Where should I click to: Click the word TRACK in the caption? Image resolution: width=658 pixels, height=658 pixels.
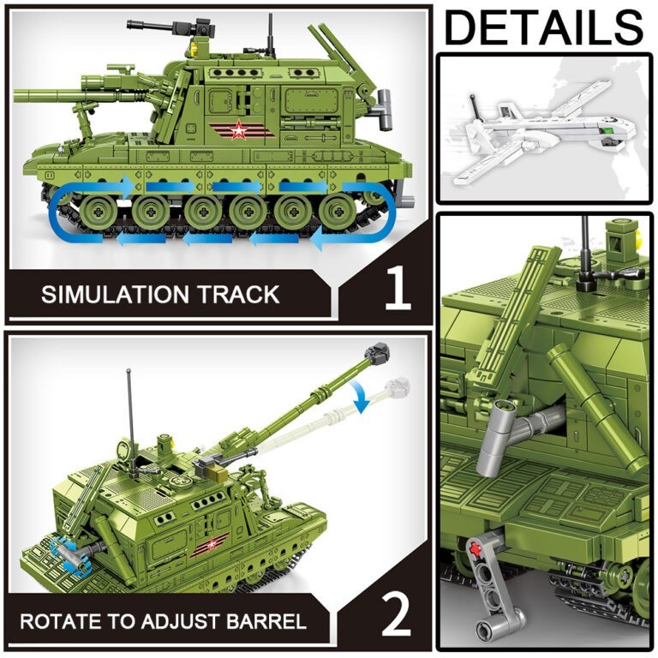tap(239, 295)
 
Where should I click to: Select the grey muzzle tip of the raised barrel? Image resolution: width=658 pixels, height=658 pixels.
tap(378, 352)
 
